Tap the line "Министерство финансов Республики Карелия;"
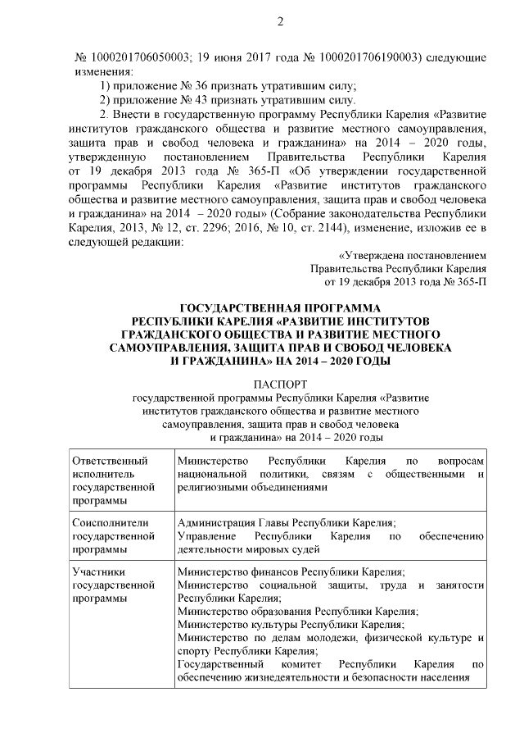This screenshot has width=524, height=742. pyautogui.click(x=291, y=571)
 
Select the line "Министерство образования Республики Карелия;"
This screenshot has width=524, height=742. pyautogui.click(x=297, y=611)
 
